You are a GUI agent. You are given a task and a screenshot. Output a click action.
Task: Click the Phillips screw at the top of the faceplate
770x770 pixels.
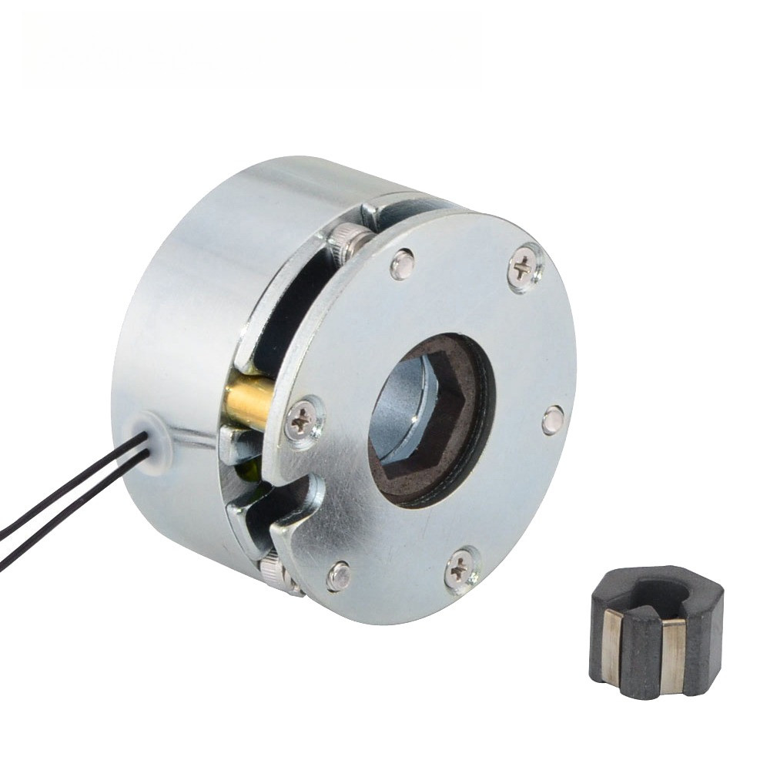point(524,268)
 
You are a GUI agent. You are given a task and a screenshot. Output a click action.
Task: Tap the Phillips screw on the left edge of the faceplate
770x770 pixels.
point(303,420)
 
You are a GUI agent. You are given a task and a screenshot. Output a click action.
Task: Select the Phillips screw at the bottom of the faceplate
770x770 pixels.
point(461,570)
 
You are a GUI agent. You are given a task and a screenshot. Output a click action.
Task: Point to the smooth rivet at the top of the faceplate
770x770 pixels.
point(402,263)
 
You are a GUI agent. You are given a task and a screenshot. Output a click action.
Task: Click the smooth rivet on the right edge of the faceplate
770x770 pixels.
point(552,420)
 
